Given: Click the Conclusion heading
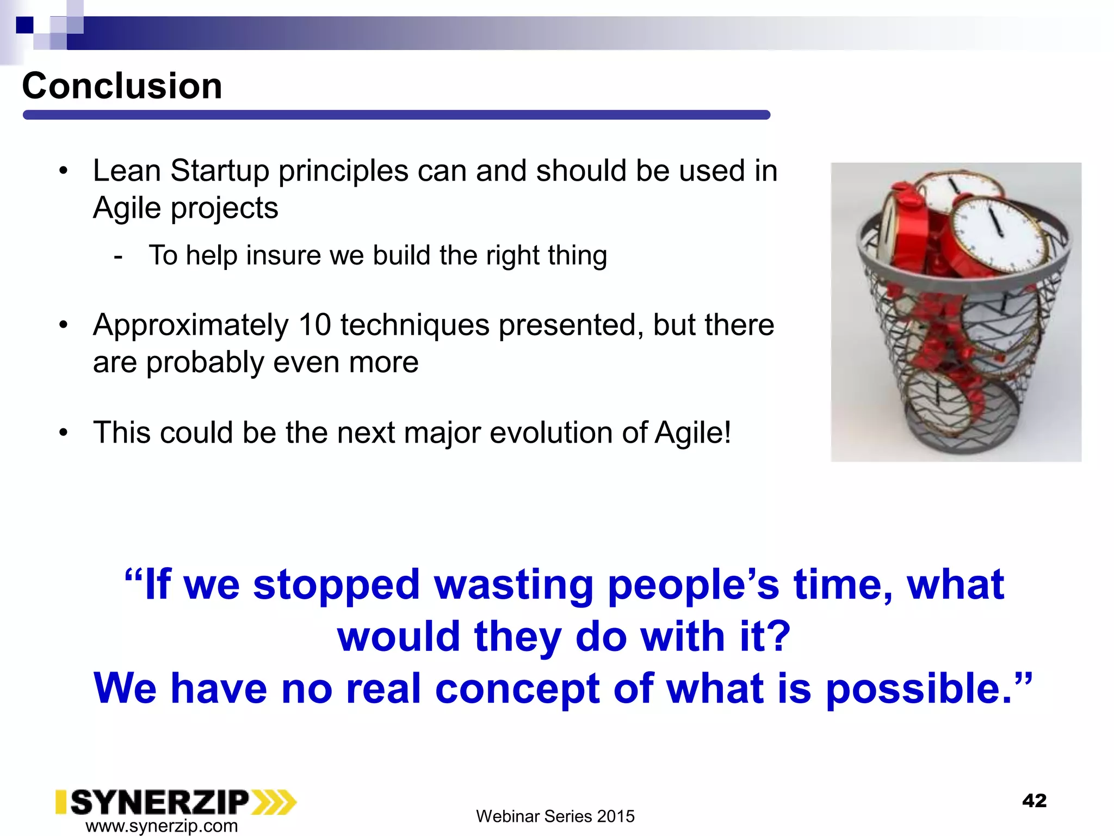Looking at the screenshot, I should [122, 86].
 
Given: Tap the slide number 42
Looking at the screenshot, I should [1034, 801].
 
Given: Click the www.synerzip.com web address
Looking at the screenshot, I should [162, 826].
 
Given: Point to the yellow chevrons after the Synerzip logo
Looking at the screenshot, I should [274, 802].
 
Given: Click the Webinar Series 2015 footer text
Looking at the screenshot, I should [555, 816].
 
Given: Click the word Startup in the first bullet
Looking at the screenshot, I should [220, 171].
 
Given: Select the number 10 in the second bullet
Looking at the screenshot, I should [314, 325].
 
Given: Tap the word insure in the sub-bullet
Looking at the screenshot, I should [283, 255].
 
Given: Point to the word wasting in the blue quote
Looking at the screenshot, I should [513, 585].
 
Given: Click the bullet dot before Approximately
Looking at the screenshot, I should [64, 325].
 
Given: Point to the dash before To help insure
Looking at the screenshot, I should [118, 256].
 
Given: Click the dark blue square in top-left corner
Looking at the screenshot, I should [24, 25].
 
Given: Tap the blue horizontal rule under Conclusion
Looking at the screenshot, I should [396, 115].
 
